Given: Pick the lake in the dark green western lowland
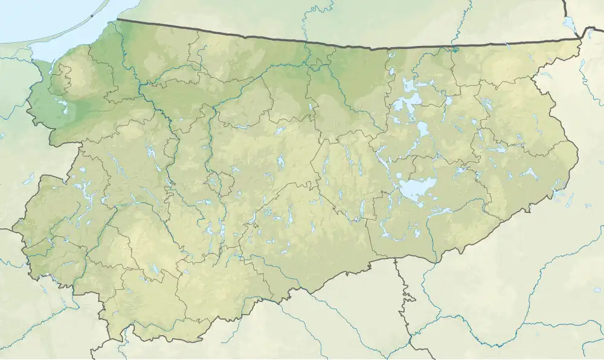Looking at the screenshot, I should coord(63,109).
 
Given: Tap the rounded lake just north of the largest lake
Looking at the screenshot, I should coord(422,129).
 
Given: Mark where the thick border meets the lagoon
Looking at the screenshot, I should coord(117,20).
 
